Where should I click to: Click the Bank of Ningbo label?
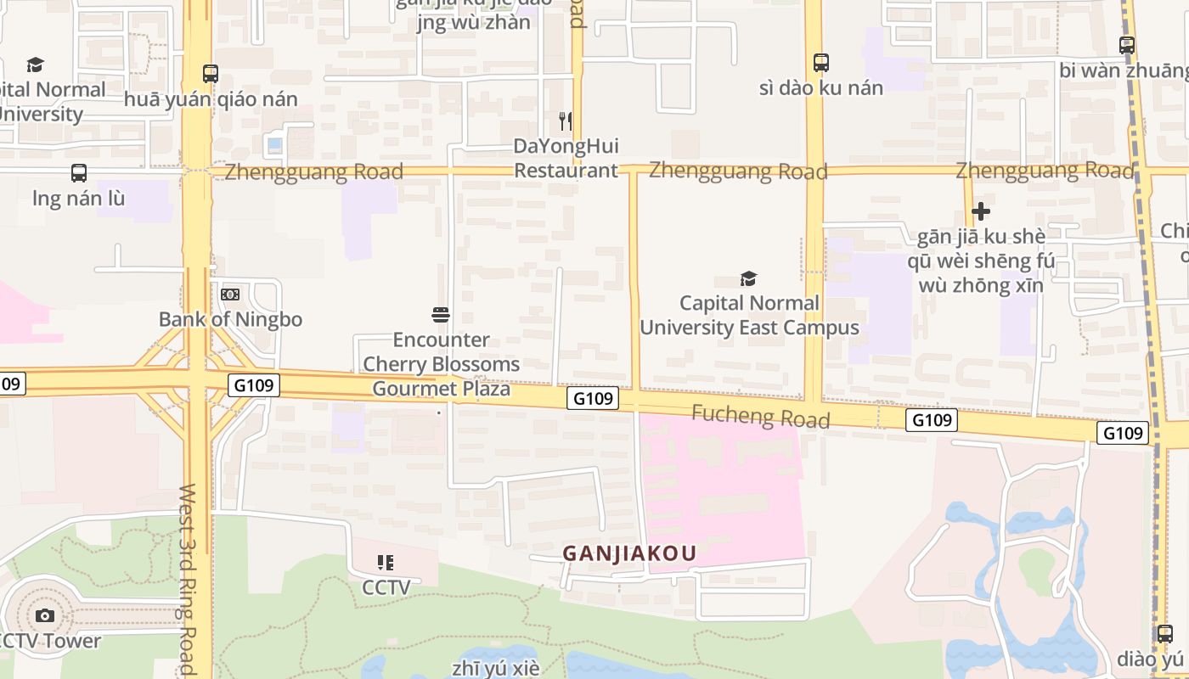(230, 320)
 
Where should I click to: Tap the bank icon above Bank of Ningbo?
(230, 295)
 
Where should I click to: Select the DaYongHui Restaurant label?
(566, 158)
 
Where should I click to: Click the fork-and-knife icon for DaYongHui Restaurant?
(566, 121)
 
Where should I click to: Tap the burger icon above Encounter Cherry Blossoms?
(441, 315)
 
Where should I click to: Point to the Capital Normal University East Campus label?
(749, 315)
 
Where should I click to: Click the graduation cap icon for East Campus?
(748, 278)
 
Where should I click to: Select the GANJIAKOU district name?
(629, 553)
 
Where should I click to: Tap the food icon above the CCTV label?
(386, 562)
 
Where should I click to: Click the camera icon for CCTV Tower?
(45, 615)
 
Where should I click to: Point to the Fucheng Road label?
(760, 416)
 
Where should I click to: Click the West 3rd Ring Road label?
(188, 579)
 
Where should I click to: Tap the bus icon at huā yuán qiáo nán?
(211, 74)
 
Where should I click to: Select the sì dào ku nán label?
(820, 87)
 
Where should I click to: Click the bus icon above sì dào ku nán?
(820, 62)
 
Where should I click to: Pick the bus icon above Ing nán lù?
(79, 173)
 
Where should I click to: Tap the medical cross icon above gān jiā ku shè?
(981, 210)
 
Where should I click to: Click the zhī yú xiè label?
(495, 668)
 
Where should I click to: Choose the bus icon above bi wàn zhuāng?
(1127, 45)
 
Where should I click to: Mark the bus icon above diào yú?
(1165, 633)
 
